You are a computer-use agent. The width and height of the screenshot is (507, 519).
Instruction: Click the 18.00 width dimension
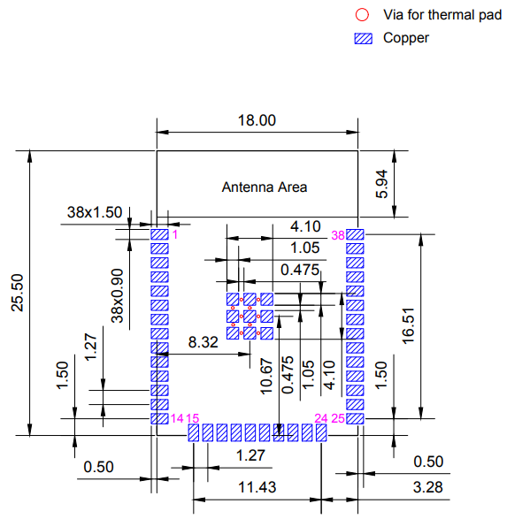tap(257, 120)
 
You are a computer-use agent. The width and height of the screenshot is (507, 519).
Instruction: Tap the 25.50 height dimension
tap(18, 293)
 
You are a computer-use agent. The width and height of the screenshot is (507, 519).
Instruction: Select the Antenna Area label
tap(265, 187)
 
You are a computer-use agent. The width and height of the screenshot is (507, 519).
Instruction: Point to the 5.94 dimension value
tap(381, 184)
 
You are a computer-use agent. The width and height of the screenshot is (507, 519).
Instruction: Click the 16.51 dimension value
tap(408, 326)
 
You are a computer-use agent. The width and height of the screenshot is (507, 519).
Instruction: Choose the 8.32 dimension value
tap(203, 342)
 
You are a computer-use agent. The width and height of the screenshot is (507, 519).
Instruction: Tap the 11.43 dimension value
tap(257, 487)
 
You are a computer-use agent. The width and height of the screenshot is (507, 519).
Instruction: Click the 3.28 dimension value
tap(428, 487)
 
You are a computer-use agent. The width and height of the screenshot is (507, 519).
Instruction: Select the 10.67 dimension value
tap(267, 377)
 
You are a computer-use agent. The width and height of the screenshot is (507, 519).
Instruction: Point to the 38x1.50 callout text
tap(95, 212)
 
